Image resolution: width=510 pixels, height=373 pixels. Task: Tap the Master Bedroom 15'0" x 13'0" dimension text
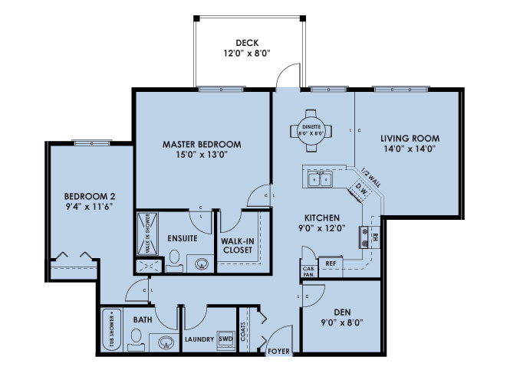coord(202,154)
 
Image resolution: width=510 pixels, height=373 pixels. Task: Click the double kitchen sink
coord(319,180)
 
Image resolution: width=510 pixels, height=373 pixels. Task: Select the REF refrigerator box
coord(331,263)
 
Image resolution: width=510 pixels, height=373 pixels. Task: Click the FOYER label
coord(278,352)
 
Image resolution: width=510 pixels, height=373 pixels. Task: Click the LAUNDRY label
coord(199,339)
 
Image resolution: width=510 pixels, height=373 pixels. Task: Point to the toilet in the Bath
coord(136,338)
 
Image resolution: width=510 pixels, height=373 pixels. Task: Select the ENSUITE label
coord(183,238)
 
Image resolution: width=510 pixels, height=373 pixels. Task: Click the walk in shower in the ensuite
coord(147,233)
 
